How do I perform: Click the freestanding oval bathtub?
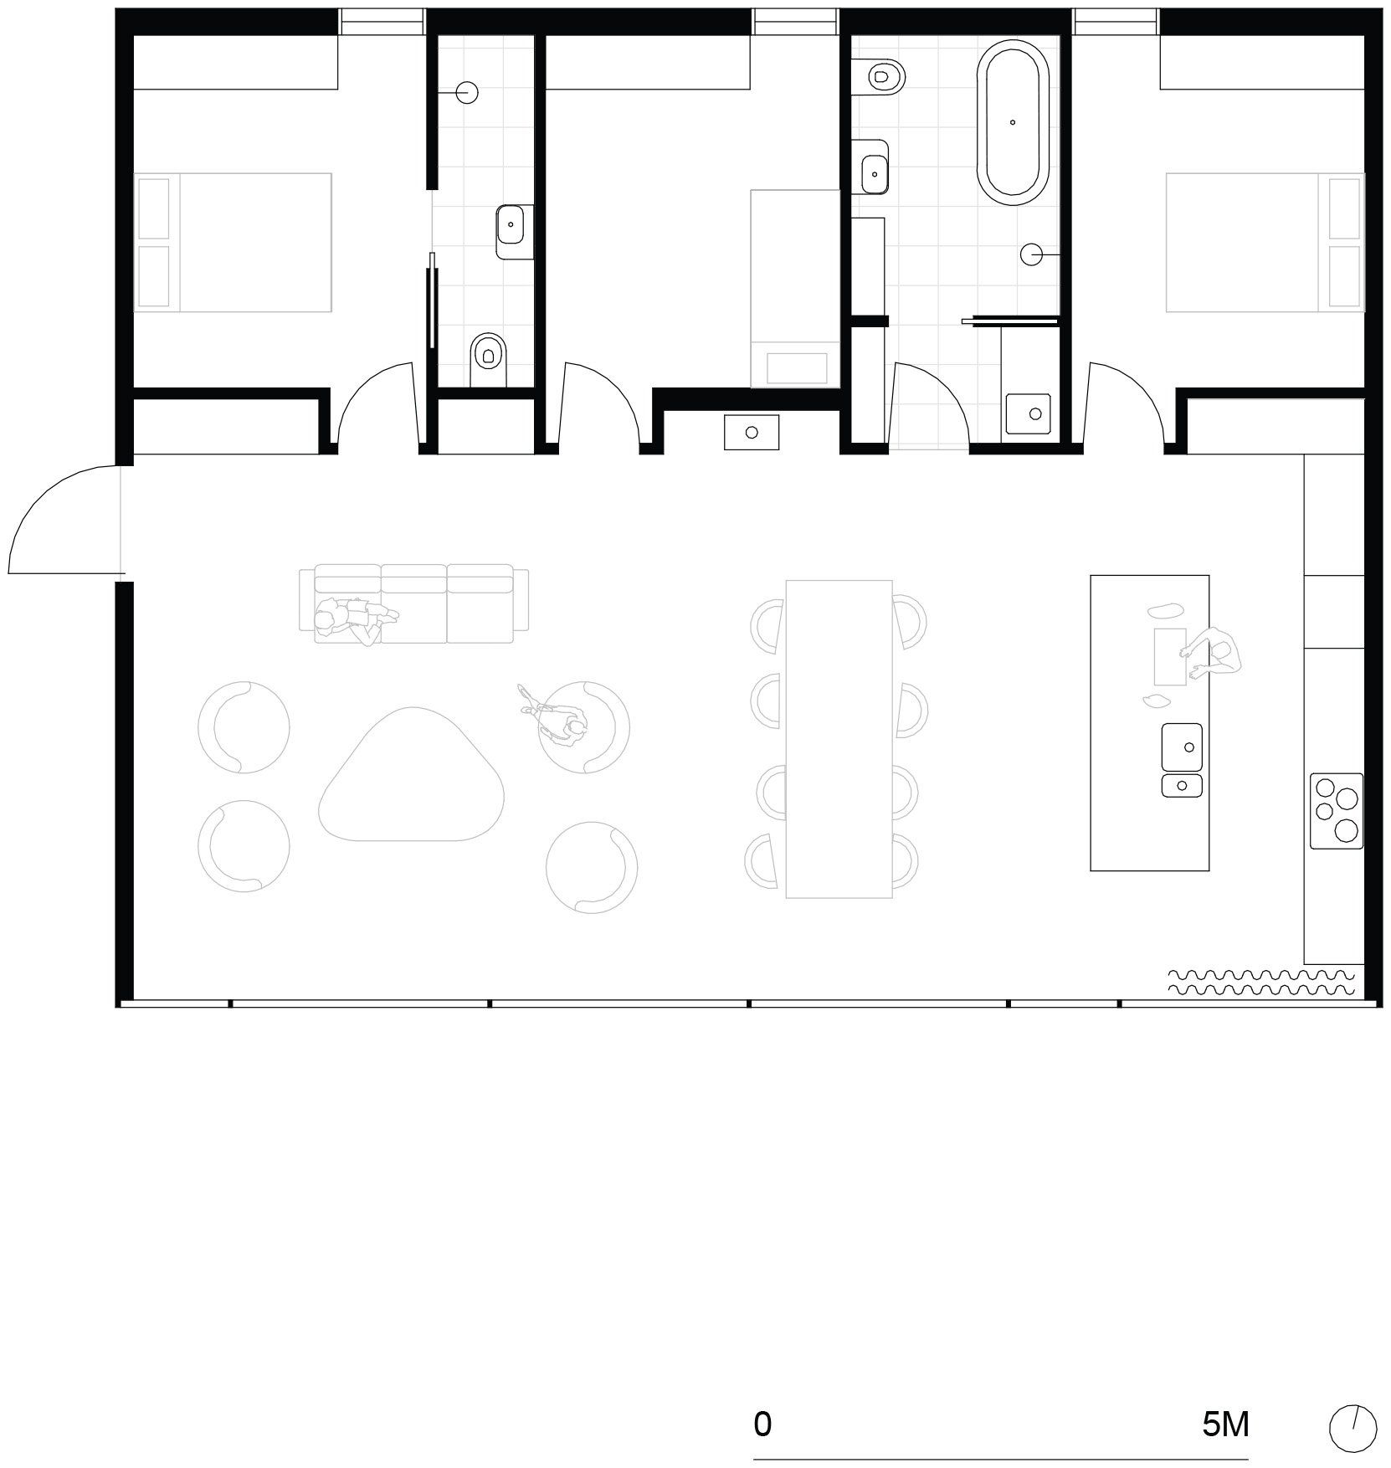[x=1013, y=123]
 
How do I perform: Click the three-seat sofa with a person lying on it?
[x=414, y=603]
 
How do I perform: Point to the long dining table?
[x=839, y=739]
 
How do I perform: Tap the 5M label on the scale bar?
[x=1225, y=1423]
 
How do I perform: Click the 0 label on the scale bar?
[x=762, y=1423]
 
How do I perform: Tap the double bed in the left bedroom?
[x=234, y=243]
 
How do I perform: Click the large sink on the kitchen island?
[x=1182, y=747]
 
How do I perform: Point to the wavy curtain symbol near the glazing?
[x=1260, y=982]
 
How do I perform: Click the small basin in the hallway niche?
[x=752, y=432]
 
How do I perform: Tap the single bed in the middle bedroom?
[x=794, y=289]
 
